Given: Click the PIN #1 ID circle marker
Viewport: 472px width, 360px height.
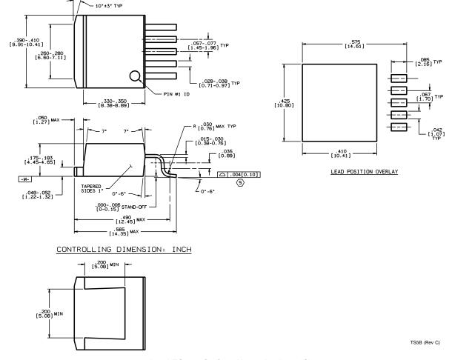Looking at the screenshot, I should tap(135, 76).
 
